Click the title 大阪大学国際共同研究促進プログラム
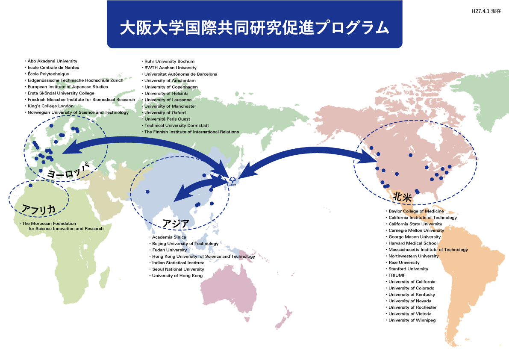(254, 28)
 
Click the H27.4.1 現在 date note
(486, 12)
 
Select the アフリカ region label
(38, 209)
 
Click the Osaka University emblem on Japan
(232, 180)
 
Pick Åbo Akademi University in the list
(52, 61)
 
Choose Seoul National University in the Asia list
(178, 269)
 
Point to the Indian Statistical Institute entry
(178, 263)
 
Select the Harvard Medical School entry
(413, 243)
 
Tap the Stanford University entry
(408, 269)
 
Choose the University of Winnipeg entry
(412, 320)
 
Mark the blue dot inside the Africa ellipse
(31, 186)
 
